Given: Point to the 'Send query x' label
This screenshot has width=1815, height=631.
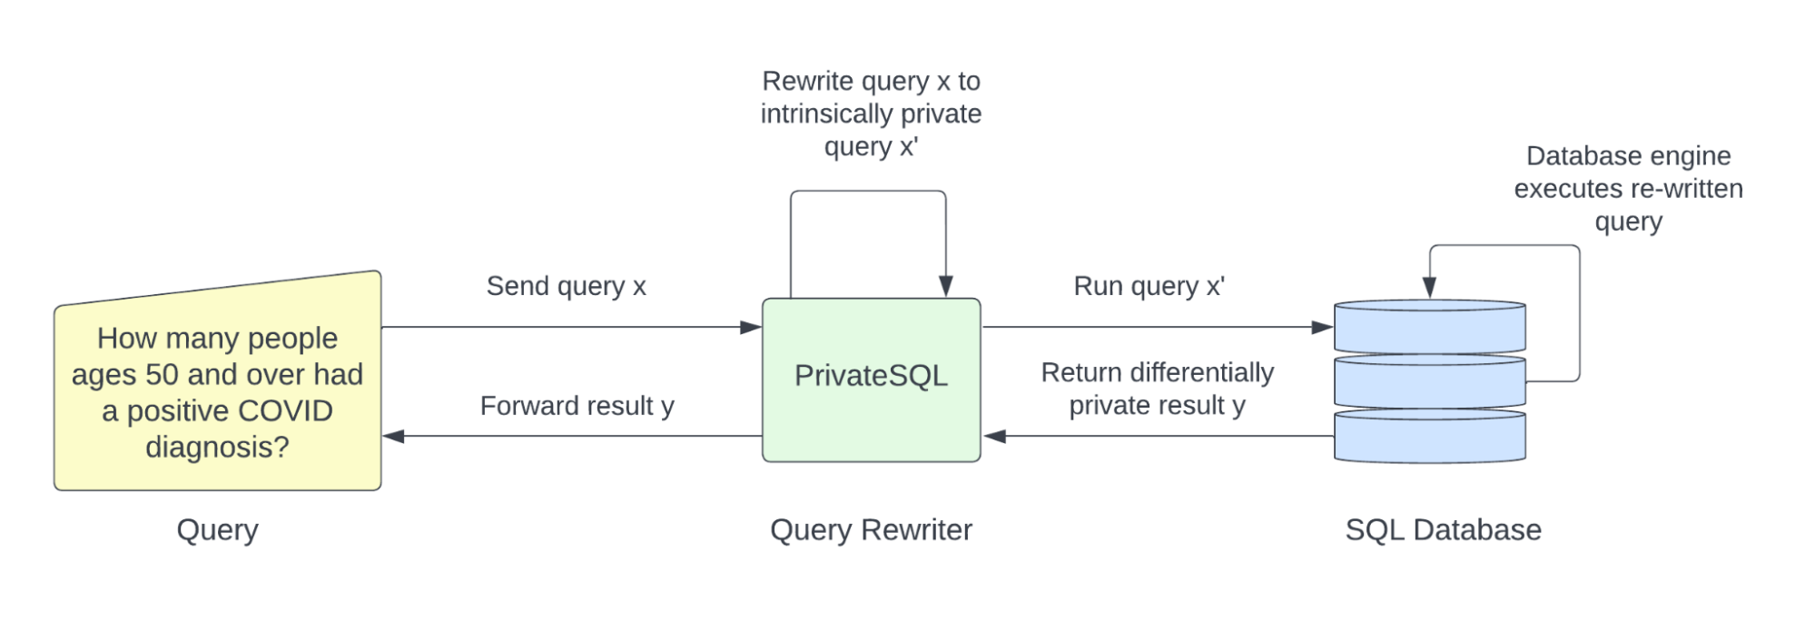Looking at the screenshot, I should (566, 286).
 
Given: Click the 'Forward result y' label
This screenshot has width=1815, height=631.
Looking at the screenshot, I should (577, 406).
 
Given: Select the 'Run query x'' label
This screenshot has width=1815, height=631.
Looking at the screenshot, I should (1149, 286).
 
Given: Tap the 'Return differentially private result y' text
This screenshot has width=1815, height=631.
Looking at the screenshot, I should (1157, 389).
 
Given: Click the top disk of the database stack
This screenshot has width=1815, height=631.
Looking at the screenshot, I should (1429, 326).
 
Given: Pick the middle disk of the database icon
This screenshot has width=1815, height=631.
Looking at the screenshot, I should (1429, 381).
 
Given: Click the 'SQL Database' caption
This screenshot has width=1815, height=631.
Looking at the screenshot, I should (1443, 529).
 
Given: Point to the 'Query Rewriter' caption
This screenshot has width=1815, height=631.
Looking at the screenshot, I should (871, 529).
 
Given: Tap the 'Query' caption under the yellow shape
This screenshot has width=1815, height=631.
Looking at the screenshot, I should (217, 529).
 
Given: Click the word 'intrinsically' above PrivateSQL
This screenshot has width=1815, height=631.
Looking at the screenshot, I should (816, 113).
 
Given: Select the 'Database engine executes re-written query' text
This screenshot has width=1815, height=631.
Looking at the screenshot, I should (1628, 189).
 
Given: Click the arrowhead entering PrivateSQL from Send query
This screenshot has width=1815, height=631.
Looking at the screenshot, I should (751, 327).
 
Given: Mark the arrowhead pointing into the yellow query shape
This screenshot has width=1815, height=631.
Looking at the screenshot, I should (393, 436).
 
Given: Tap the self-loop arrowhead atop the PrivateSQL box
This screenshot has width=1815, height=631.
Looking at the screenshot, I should (945, 286).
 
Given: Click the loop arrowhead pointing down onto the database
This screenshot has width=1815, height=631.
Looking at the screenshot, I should (1429, 288).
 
